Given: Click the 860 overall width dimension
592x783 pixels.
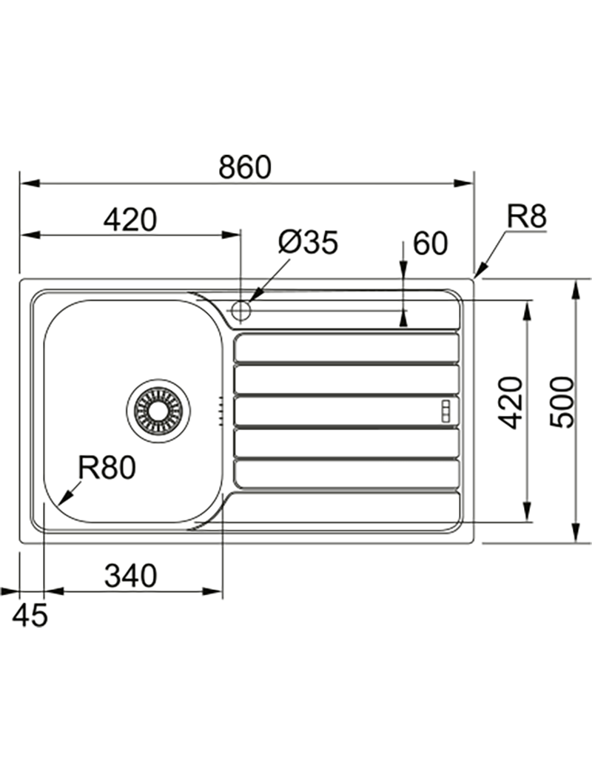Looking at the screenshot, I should (x=245, y=167).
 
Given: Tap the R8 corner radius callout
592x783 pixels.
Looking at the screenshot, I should (x=526, y=218).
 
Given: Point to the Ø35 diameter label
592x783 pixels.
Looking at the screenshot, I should (x=308, y=242).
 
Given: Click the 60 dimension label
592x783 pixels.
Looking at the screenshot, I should (x=430, y=243).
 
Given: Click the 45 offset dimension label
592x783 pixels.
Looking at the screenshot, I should (x=30, y=614).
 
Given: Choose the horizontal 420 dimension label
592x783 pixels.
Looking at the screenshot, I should (x=130, y=220).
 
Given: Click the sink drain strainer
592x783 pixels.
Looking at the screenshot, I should (x=158, y=411).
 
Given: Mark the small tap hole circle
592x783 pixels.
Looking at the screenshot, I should (x=241, y=311).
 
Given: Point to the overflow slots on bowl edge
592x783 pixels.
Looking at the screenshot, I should (x=220, y=411).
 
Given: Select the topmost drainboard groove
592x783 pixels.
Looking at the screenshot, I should (x=346, y=348).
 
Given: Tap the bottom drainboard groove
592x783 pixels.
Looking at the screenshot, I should (x=346, y=474).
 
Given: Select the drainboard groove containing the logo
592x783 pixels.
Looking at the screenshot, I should (x=346, y=411).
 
